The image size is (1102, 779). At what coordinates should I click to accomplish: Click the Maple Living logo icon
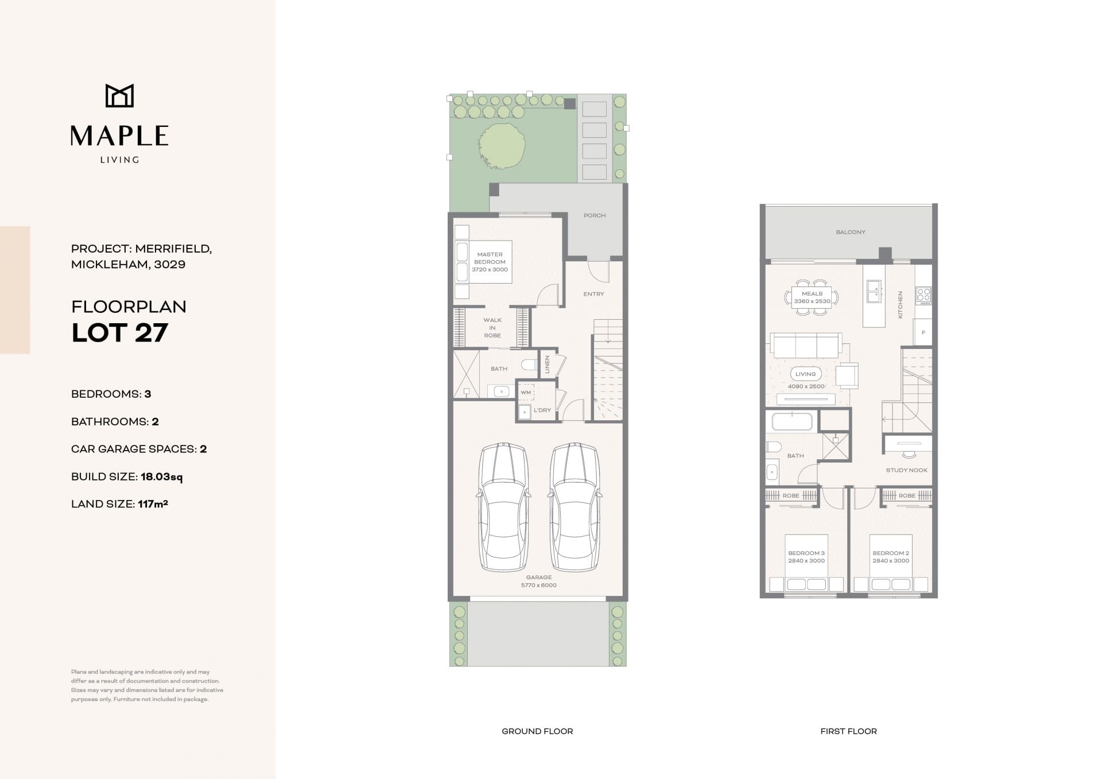119,96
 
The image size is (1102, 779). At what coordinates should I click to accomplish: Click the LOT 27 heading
119,333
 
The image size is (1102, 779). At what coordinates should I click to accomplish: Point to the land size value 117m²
153,504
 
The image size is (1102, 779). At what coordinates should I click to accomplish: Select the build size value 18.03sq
162,476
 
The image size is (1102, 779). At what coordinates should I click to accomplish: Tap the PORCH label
595,216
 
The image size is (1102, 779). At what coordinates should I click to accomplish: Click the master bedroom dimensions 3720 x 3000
490,270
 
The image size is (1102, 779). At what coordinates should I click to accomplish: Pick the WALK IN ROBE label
492,328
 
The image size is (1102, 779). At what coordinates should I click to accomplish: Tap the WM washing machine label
526,393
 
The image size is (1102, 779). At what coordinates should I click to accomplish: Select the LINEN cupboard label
548,365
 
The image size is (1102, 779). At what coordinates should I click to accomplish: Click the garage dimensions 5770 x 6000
538,586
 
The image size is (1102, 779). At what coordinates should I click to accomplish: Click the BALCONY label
851,232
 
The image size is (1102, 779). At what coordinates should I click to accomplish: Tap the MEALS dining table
812,297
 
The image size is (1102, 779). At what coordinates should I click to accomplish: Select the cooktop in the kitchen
923,296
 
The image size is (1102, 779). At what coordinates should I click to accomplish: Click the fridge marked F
923,333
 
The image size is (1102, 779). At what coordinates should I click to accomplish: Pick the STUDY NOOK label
907,470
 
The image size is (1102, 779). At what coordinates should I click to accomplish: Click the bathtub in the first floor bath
792,421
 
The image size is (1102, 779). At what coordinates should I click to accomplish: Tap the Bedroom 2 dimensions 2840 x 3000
891,561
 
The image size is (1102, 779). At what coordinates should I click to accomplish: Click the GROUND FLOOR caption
537,731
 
